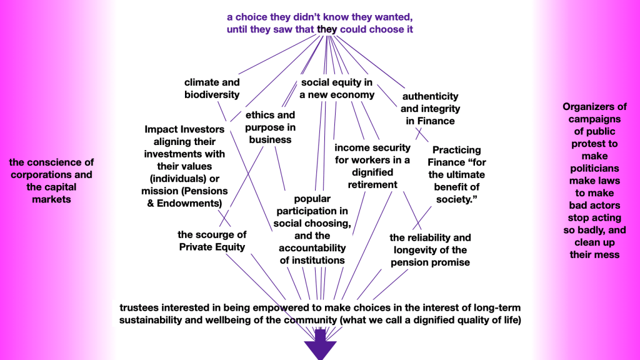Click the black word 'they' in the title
[327, 29]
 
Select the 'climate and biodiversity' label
[212, 89]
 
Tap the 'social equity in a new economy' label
[337, 89]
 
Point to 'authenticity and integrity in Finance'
[430, 108]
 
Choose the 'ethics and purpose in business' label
[270, 127]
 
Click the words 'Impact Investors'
[184, 129]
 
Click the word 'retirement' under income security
[372, 184]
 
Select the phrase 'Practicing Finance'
[457, 156]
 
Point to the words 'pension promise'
[430, 262]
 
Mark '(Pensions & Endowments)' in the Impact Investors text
[184, 197]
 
